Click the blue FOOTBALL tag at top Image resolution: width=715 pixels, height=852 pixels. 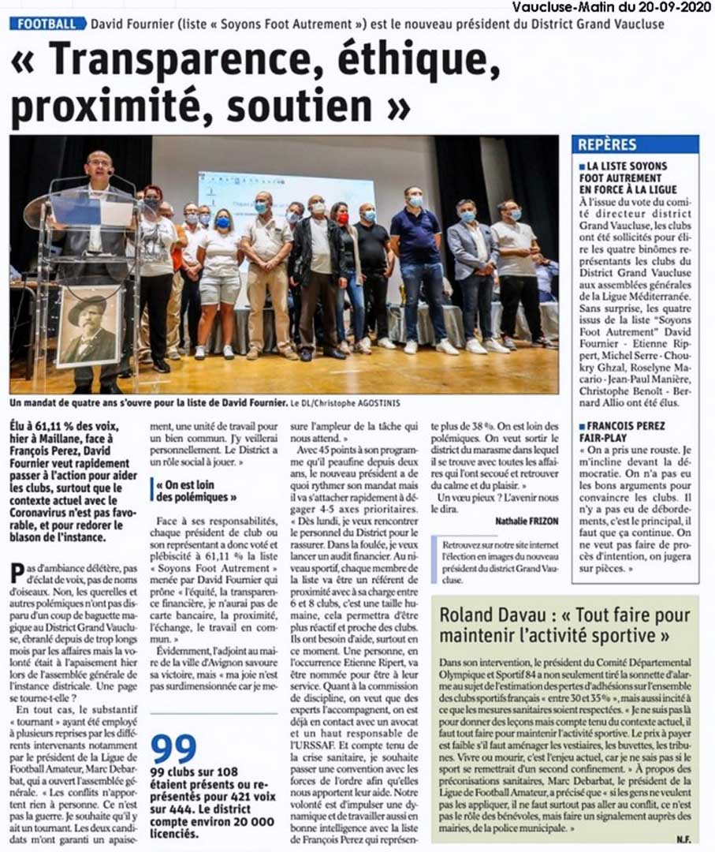click(x=47, y=24)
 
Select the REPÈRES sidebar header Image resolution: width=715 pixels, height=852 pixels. click(x=608, y=144)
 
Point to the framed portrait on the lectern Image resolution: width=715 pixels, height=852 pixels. click(x=89, y=325)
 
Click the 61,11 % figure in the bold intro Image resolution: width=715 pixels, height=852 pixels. click(x=58, y=424)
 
